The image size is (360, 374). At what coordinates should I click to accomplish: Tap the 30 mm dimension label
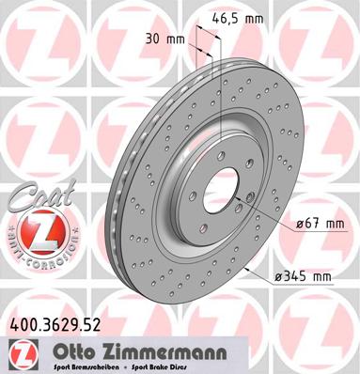165,40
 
